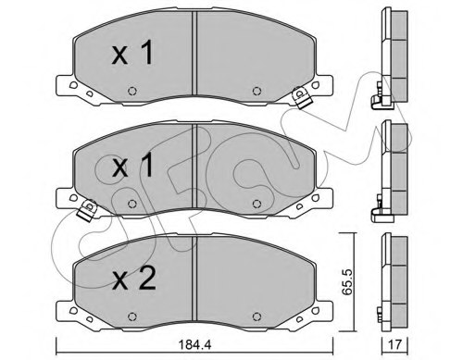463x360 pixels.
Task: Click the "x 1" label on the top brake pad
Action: [132, 55]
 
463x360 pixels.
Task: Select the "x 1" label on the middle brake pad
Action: [132, 168]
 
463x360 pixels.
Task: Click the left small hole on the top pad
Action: [131, 91]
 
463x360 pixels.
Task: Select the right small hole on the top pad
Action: [256, 91]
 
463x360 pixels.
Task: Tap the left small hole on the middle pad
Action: [131, 203]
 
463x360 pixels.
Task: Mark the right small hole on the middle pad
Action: [256, 203]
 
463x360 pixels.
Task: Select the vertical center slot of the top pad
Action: [193, 56]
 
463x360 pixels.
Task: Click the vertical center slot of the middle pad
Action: [193, 167]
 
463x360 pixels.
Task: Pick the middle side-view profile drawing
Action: [393, 167]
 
